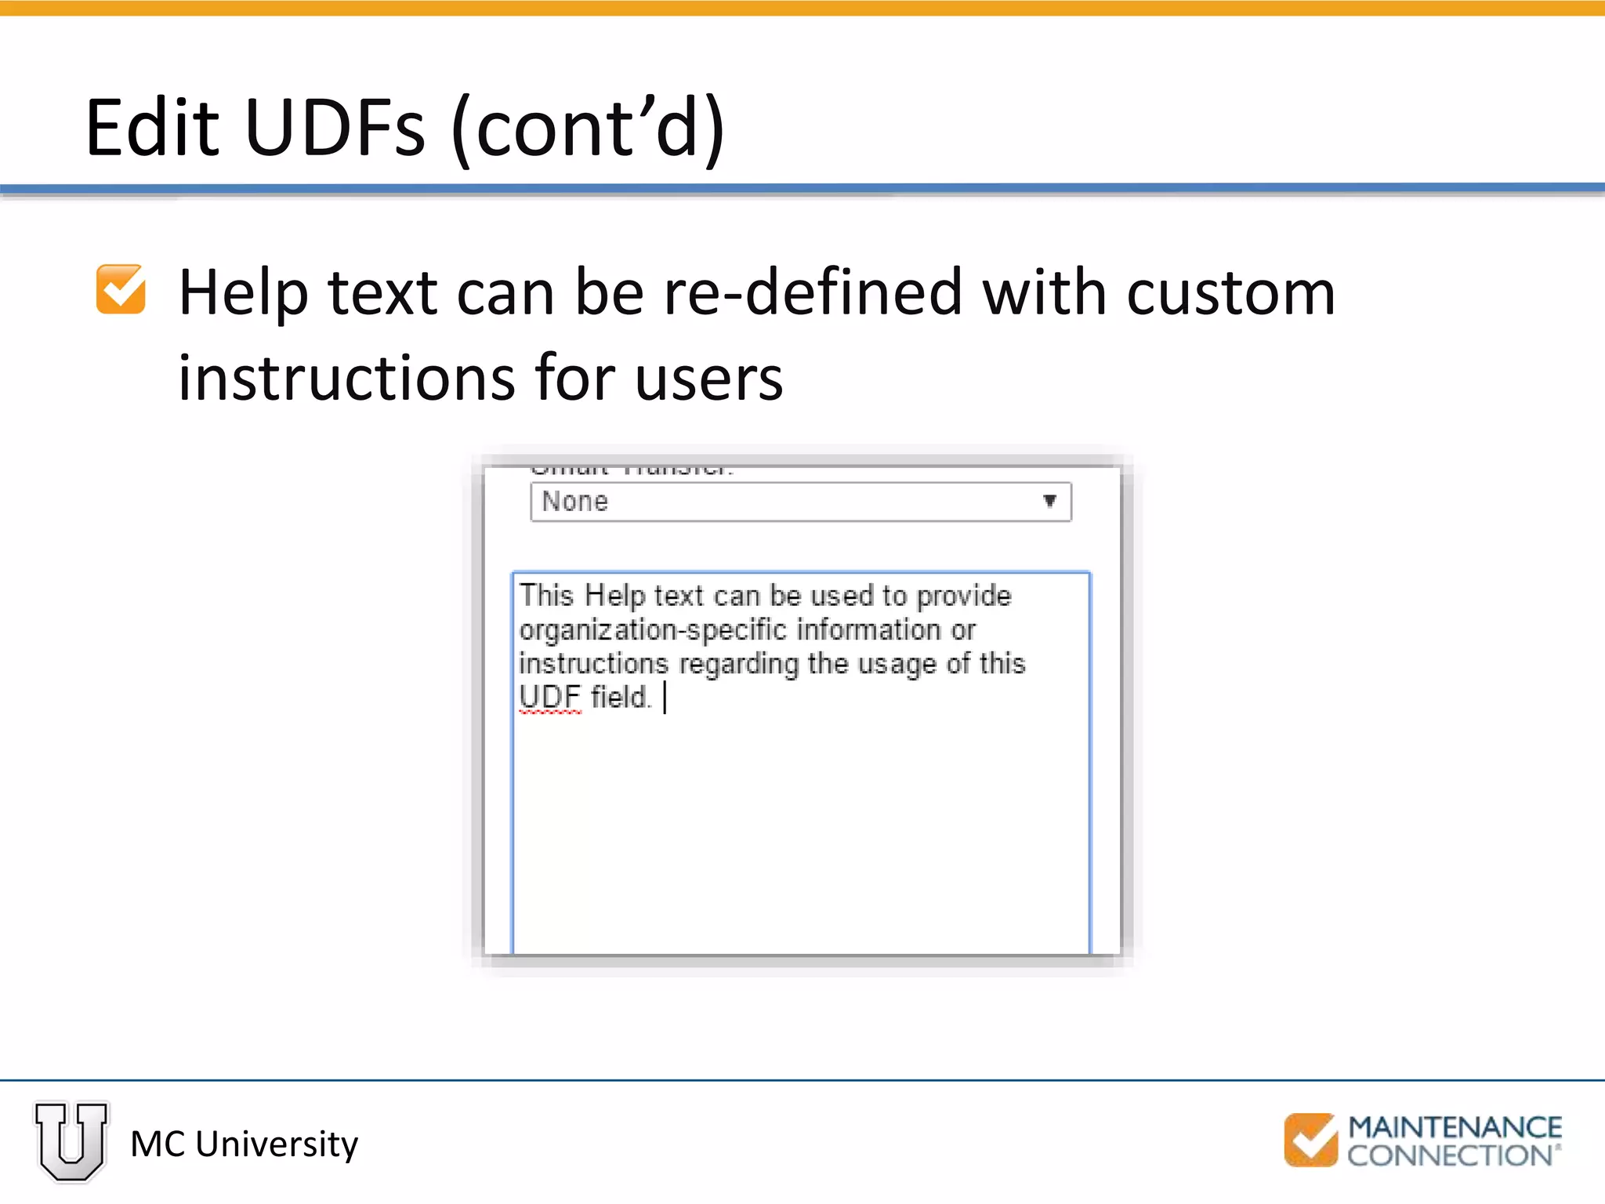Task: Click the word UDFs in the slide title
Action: pos(335,128)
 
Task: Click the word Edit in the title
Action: pos(153,128)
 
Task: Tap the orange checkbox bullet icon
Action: pos(121,289)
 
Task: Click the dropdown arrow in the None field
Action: pos(1049,501)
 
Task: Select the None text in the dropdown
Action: pos(574,502)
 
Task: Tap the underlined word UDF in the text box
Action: pos(550,697)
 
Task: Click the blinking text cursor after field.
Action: pos(665,698)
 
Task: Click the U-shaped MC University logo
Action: pos(71,1141)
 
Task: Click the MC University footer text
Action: pos(244,1144)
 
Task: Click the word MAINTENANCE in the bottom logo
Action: pos(1455,1127)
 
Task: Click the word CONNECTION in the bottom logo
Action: pos(1449,1155)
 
